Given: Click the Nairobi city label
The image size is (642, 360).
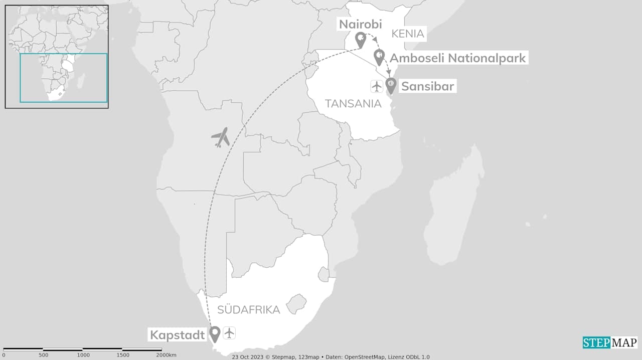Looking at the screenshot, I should coord(361,24).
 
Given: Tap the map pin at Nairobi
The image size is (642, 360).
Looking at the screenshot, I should coord(360,39).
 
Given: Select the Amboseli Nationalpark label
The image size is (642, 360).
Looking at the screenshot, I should coord(457,58).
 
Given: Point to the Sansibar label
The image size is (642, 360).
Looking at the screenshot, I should coord(427,86).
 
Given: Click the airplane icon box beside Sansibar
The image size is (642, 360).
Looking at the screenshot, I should coord(377,86).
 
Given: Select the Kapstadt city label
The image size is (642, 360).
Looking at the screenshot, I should coord(178,334).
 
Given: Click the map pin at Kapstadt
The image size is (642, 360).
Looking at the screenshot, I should coord(215,333).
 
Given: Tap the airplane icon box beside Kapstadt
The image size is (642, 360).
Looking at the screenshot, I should coord(229,332).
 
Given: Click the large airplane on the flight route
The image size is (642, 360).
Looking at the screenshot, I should coord(220,137).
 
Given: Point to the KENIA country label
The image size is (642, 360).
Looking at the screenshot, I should coord(408,34).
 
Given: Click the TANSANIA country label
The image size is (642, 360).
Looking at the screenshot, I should coord(353,104).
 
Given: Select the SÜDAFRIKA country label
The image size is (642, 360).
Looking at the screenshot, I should coord(248,309).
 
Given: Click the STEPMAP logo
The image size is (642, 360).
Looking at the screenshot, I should coord(609,342).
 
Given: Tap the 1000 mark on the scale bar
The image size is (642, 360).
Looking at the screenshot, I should coord(83,355).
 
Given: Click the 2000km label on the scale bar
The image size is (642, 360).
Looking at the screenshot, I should coord(166,355).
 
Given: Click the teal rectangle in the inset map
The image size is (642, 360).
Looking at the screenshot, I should coord(63,78).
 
